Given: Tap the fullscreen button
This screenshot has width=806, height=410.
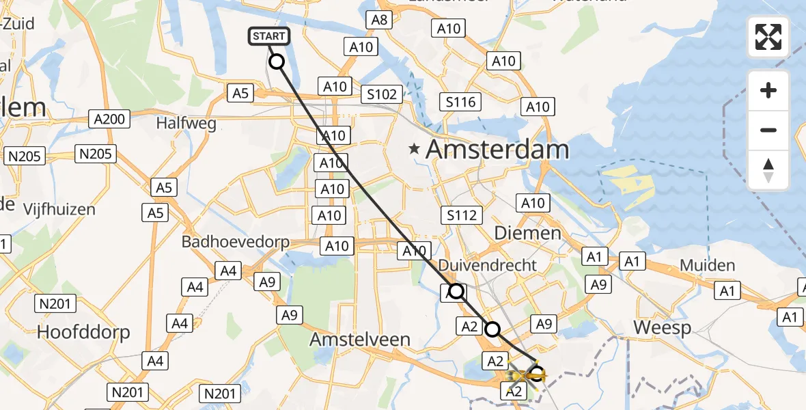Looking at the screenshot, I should (768, 37).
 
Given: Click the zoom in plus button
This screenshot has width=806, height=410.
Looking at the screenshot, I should (768, 90).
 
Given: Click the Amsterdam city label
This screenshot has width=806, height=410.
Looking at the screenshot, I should (497, 150).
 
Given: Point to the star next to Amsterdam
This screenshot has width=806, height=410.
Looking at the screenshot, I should (414, 148).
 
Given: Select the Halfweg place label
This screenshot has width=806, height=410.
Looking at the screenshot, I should (186, 124).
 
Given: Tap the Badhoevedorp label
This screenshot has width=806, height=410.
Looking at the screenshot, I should (236, 242).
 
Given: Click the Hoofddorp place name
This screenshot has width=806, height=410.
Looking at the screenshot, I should (84, 332).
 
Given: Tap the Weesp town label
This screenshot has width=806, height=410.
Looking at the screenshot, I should (662, 327).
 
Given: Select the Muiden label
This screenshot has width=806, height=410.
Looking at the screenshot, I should (708, 265).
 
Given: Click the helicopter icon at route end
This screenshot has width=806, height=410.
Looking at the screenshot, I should (523, 377).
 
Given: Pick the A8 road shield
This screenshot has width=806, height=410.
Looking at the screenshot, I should (379, 20).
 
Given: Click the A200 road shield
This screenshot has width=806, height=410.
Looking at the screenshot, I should (109, 120).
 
